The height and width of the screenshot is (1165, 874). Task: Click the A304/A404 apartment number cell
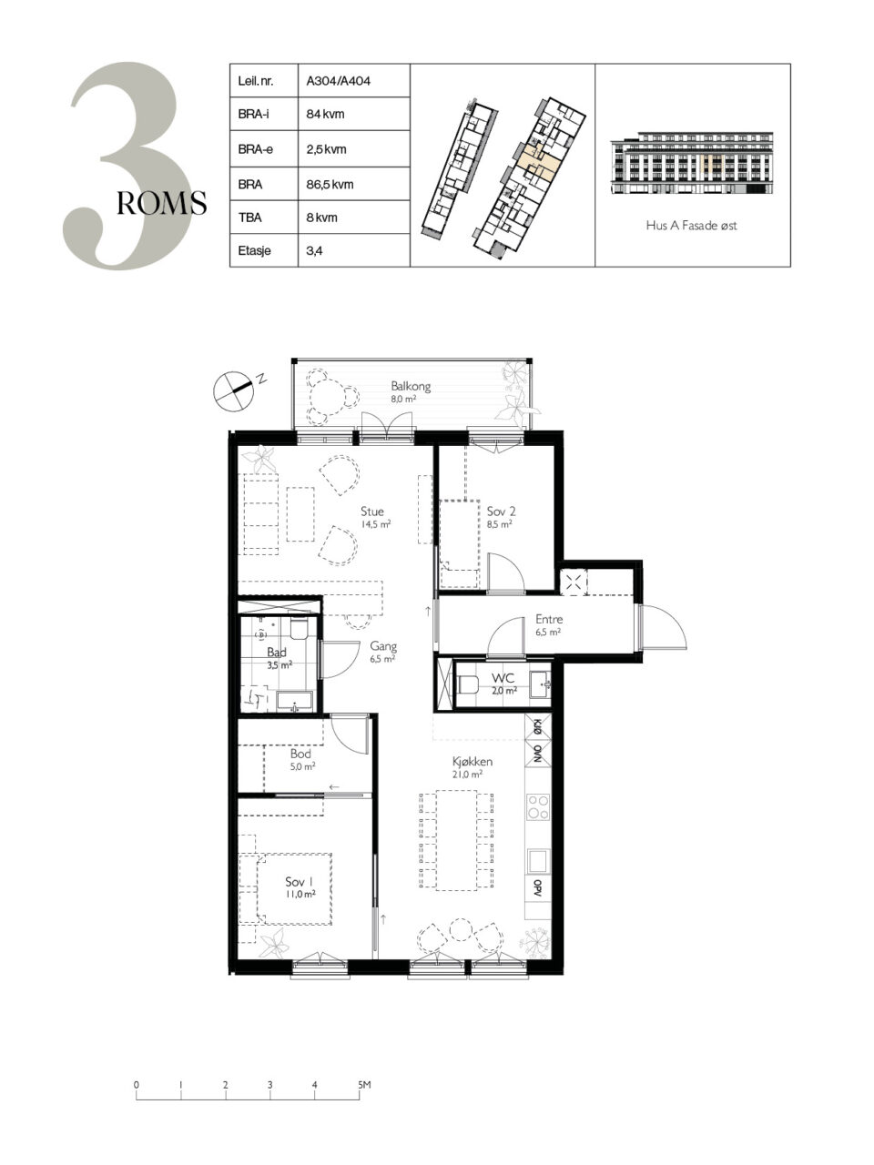coord(338,81)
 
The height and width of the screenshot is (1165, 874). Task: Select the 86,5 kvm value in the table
coord(330,185)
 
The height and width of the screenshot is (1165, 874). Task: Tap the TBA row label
coord(249,218)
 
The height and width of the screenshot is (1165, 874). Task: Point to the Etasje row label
coord(254,250)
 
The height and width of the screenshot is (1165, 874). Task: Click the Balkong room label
coord(411,387)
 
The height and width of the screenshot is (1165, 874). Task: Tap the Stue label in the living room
coord(372,512)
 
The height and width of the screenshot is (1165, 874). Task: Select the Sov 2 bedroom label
coord(501,512)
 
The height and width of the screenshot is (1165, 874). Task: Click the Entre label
coord(549,619)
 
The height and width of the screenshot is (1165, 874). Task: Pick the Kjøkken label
coord(473,762)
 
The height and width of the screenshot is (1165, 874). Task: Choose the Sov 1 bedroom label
coord(299,882)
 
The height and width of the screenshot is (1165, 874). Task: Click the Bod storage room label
coord(300,753)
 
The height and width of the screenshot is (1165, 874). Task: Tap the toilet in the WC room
coord(468,684)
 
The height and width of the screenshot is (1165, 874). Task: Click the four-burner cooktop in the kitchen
coord(537,806)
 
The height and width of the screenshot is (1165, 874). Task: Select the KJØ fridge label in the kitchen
coord(537,726)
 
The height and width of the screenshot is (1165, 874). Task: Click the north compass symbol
coord(234,390)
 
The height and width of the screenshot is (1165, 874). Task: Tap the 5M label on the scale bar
coord(364,1084)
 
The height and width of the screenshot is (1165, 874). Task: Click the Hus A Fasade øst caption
coord(691,226)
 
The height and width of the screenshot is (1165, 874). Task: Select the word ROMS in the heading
coord(161,203)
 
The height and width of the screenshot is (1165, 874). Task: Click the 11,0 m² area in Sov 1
coord(300,894)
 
